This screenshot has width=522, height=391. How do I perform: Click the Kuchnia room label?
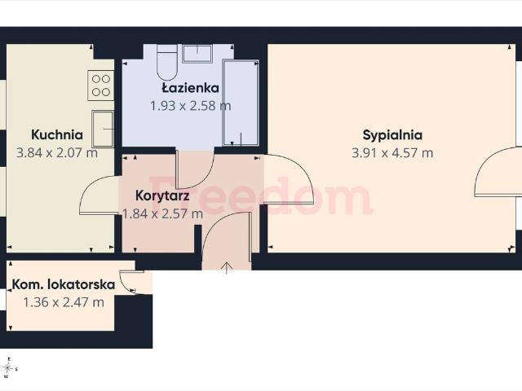click(x=57, y=134)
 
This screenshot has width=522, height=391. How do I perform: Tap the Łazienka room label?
click(x=190, y=88)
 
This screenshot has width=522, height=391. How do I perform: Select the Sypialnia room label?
click(x=392, y=135)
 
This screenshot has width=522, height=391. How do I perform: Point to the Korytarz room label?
click(x=162, y=195)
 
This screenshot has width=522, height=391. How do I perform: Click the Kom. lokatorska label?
click(x=64, y=284)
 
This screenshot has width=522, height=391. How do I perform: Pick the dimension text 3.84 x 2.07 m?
click(x=57, y=153)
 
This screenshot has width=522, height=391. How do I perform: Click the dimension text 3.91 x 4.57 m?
click(x=392, y=153)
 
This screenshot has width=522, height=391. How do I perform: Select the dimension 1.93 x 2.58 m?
click(x=190, y=106)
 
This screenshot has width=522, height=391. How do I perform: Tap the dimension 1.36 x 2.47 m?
click(x=64, y=302)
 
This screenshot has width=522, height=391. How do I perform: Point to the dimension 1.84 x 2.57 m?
click(x=162, y=213)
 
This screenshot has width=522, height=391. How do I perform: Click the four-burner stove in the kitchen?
click(x=101, y=86)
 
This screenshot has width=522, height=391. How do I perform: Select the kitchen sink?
click(x=103, y=129)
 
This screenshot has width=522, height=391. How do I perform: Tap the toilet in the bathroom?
click(x=166, y=63)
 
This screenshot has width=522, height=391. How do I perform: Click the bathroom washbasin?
click(x=197, y=53)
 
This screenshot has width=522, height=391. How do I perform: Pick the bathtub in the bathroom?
click(x=241, y=103)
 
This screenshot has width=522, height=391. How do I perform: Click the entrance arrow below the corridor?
click(x=227, y=268)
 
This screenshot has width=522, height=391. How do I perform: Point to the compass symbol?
click(x=7, y=368)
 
